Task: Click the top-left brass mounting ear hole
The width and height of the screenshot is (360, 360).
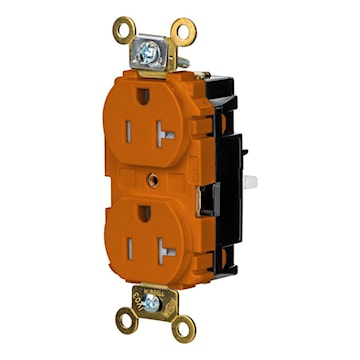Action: tap(123, 30)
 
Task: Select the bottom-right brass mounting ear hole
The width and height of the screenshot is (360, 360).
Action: tap(182, 325)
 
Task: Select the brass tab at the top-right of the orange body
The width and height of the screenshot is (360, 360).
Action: tap(201, 75)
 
